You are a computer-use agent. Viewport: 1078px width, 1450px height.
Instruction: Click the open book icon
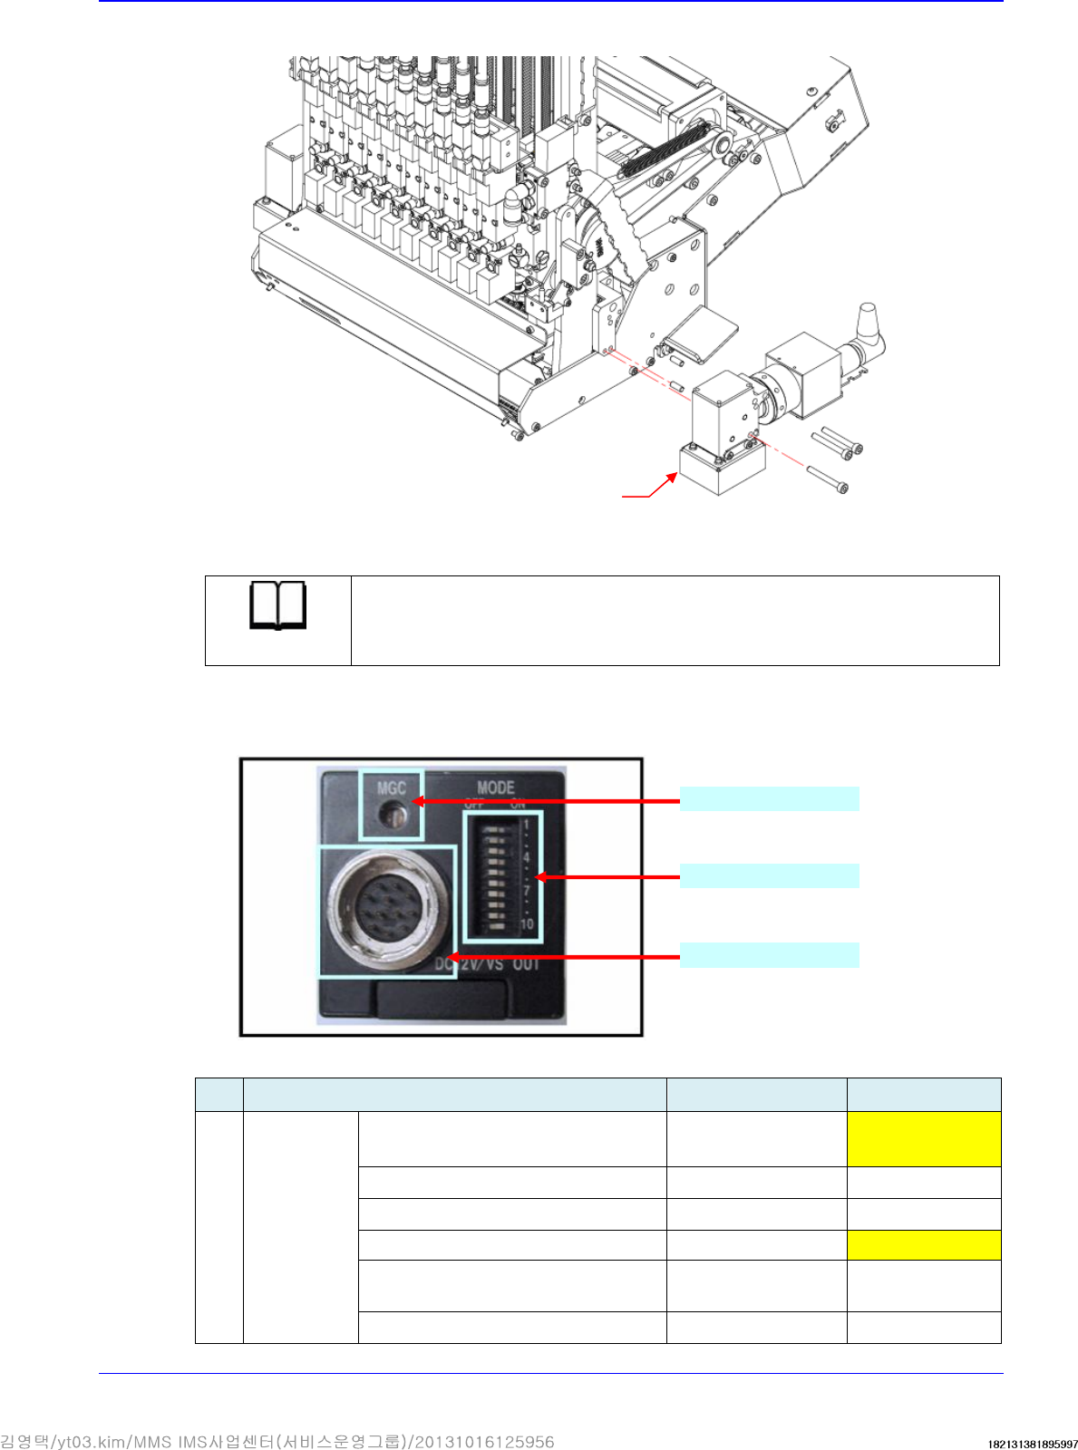click(x=277, y=606)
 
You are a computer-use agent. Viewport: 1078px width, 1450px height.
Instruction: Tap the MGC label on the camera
click(x=391, y=788)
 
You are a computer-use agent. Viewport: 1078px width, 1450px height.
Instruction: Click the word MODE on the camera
click(x=496, y=788)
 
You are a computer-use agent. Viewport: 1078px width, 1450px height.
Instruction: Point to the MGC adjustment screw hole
click(x=393, y=816)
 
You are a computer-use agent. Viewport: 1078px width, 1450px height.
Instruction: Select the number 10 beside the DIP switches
click(x=527, y=924)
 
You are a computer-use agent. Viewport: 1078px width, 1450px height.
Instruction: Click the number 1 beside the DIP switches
click(x=526, y=826)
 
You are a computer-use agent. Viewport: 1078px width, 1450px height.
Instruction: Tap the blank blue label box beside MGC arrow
click(x=769, y=798)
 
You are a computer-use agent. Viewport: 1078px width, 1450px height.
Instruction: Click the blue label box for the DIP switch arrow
click(x=769, y=875)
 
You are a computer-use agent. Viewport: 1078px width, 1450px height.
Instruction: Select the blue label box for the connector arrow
click(x=769, y=955)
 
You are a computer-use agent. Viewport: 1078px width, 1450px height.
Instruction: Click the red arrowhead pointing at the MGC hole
click(x=418, y=801)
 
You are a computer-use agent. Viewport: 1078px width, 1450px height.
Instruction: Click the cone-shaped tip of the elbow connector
click(x=870, y=318)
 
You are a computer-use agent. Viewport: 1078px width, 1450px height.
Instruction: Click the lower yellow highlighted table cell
click(x=924, y=1245)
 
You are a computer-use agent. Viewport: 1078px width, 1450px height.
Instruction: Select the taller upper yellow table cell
click(x=924, y=1139)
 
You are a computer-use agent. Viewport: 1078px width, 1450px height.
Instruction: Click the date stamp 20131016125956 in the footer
click(x=485, y=1442)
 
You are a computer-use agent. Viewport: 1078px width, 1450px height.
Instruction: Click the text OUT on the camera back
click(x=526, y=963)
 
